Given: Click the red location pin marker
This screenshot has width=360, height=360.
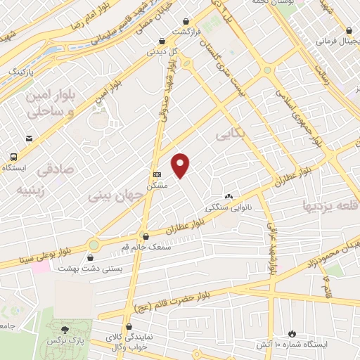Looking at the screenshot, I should pyautogui.click(x=181, y=165).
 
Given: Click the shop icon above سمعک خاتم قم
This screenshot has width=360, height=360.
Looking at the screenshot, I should pyautogui.click(x=146, y=236).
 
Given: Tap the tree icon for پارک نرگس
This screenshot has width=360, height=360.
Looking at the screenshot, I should pyautogui.click(x=65, y=329).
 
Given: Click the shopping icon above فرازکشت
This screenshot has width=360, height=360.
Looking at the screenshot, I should pyautogui.click(x=185, y=22).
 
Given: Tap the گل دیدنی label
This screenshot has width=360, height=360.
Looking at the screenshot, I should pyautogui.click(x=162, y=51).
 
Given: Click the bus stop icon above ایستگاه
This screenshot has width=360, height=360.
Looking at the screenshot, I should pyautogui.click(x=14, y=157).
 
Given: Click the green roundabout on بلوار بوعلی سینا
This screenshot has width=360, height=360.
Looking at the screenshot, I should pyautogui.click(x=94, y=245).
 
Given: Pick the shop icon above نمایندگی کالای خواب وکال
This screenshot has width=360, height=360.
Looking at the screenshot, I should pyautogui.click(x=128, y=326).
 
